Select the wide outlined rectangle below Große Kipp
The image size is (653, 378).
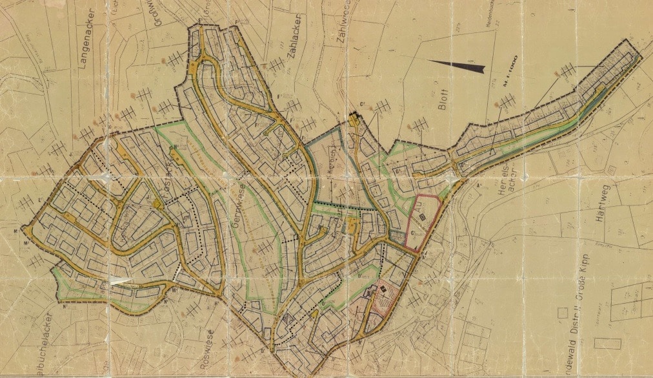tap(607, 343)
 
